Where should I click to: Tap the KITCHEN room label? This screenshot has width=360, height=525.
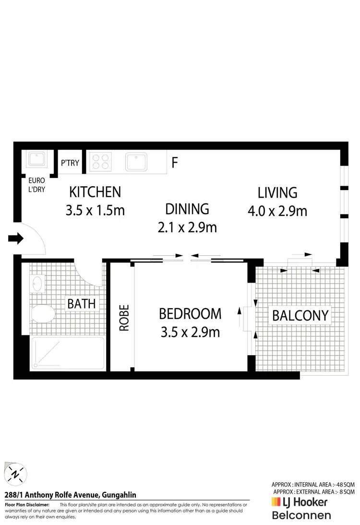(95, 192)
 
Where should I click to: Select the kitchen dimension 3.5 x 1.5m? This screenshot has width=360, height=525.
(95, 210)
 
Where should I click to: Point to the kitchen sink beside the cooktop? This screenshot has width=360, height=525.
(140, 162)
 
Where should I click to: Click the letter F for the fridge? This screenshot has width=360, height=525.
(175, 163)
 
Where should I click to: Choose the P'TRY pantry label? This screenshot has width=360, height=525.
(70, 163)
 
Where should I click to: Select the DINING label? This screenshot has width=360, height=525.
(187, 209)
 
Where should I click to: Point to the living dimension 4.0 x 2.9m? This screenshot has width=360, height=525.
(277, 211)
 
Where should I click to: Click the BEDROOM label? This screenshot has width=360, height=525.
(190, 314)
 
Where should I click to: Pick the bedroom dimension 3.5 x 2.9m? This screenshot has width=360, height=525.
(190, 332)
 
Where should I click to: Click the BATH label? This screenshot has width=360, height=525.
(81, 304)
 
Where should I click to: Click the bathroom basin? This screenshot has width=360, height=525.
(37, 283)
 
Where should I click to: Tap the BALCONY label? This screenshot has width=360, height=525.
(300, 315)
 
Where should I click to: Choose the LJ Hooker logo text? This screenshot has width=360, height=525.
(300, 502)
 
